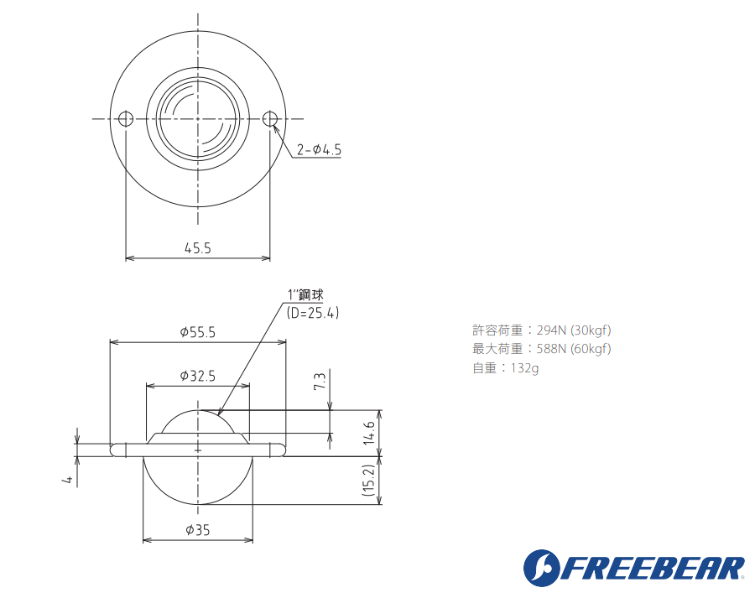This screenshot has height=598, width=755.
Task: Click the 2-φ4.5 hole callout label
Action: tap(320, 150)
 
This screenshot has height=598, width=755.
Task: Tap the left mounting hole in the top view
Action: tap(126, 118)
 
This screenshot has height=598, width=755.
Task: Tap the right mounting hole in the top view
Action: tap(270, 118)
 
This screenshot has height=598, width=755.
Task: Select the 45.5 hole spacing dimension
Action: tap(198, 247)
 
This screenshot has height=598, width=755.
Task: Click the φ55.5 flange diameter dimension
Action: tap(198, 332)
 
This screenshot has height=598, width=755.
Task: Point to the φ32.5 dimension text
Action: tap(198, 376)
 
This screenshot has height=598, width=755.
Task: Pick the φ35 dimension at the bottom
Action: tap(197, 529)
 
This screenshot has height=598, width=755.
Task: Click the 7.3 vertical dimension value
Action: tap(320, 383)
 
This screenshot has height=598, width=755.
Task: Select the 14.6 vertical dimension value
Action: tap(368, 434)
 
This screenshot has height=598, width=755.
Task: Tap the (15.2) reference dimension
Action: tap(368, 481)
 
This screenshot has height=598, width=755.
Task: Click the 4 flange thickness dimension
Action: tap(66, 479)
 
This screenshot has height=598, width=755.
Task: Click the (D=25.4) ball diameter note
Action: tap(312, 312)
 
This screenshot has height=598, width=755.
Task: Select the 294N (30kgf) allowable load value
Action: tap(573, 330)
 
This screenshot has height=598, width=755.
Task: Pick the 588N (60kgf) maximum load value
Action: tap(573, 348)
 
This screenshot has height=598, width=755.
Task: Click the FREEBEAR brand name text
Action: tap(654, 568)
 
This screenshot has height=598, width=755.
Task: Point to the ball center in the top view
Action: tap(198, 118)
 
